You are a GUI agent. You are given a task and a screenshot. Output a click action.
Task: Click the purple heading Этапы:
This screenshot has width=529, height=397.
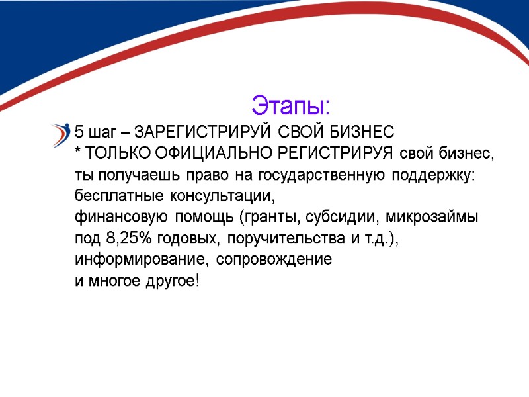click(x=290, y=105)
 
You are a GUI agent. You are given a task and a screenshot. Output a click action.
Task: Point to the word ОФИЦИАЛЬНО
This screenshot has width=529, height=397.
click(x=207, y=154)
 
